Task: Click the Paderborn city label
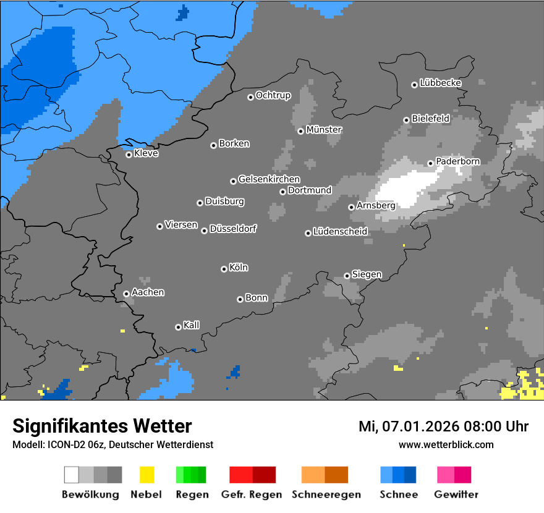point(457,161)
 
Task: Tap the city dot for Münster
point(300,131)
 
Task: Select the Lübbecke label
point(440,83)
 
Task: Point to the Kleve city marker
point(129,155)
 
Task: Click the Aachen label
point(148,292)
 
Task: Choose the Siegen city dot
point(347,276)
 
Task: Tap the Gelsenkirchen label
point(269,179)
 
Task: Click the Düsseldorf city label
point(232,229)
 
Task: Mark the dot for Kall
point(178,327)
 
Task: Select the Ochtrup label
point(273,95)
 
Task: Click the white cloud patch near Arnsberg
point(405,189)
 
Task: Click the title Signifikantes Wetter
point(102,426)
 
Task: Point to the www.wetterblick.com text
point(446,444)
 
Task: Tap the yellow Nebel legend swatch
point(147,475)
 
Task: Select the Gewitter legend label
point(456,494)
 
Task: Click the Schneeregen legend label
point(326,494)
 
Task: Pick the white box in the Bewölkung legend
point(71,475)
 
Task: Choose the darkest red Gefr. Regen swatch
point(264,475)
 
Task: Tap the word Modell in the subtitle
point(27,444)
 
